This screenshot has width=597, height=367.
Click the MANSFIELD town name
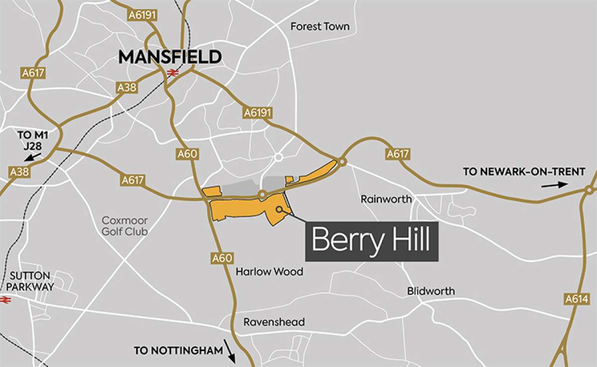click(x=170, y=57)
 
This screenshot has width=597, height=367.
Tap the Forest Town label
click(x=320, y=26)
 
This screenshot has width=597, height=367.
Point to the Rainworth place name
click(x=386, y=199)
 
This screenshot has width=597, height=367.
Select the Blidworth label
click(x=431, y=291)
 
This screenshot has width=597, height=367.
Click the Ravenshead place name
click(x=274, y=322)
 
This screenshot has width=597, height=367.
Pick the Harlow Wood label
click(x=269, y=272)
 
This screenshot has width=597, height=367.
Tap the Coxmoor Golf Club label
click(x=125, y=226)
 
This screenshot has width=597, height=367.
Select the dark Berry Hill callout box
click(x=371, y=242)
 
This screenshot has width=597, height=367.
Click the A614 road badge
click(x=577, y=299)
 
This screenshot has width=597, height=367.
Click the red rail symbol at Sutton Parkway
click(x=6, y=299)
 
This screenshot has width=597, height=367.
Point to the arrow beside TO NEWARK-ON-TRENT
click(x=554, y=185)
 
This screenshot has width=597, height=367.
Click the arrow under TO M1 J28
click(x=33, y=157)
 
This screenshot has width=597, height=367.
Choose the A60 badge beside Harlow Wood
click(x=221, y=258)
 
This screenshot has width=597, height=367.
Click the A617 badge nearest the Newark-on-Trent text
click(x=398, y=154)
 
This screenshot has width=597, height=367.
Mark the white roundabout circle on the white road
click(x=279, y=157)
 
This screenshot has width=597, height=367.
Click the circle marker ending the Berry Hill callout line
click(x=280, y=209)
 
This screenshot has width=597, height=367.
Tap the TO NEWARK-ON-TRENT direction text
click(x=524, y=172)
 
